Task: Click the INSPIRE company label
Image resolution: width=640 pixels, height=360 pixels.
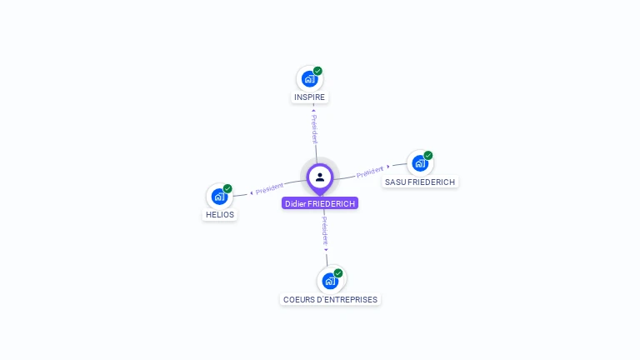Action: click(309, 97)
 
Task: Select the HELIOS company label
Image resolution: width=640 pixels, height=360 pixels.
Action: click(220, 215)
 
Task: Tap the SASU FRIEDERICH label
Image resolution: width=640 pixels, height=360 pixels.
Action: click(420, 182)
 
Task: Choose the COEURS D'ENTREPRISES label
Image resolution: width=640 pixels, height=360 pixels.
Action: click(330, 300)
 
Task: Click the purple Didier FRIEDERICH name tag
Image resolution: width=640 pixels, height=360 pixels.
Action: click(320, 203)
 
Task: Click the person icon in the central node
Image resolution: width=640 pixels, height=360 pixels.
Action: click(320, 177)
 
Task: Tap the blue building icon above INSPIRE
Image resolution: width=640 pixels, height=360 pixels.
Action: click(309, 79)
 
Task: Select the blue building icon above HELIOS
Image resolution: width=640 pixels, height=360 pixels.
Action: click(219, 197)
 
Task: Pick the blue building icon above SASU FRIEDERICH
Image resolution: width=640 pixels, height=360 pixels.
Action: click(419, 163)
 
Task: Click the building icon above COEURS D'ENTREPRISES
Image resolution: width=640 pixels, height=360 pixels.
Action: click(330, 281)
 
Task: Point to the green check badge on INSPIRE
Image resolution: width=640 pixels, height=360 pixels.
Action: click(317, 71)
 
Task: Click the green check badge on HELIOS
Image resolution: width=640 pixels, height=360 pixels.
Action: click(227, 188)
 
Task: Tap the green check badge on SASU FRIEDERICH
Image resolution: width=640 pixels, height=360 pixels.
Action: click(428, 155)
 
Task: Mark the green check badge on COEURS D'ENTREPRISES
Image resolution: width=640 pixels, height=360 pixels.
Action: click(338, 272)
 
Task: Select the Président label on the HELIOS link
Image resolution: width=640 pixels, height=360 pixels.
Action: click(269, 189)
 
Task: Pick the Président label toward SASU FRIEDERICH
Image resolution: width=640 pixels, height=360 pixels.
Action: click(370, 172)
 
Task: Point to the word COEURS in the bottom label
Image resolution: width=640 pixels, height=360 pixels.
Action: click(297, 300)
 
